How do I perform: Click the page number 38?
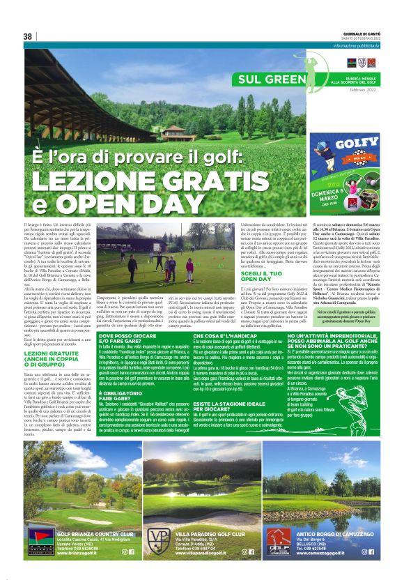click(28, 36)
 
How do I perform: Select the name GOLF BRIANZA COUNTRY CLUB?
click(85, 531)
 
